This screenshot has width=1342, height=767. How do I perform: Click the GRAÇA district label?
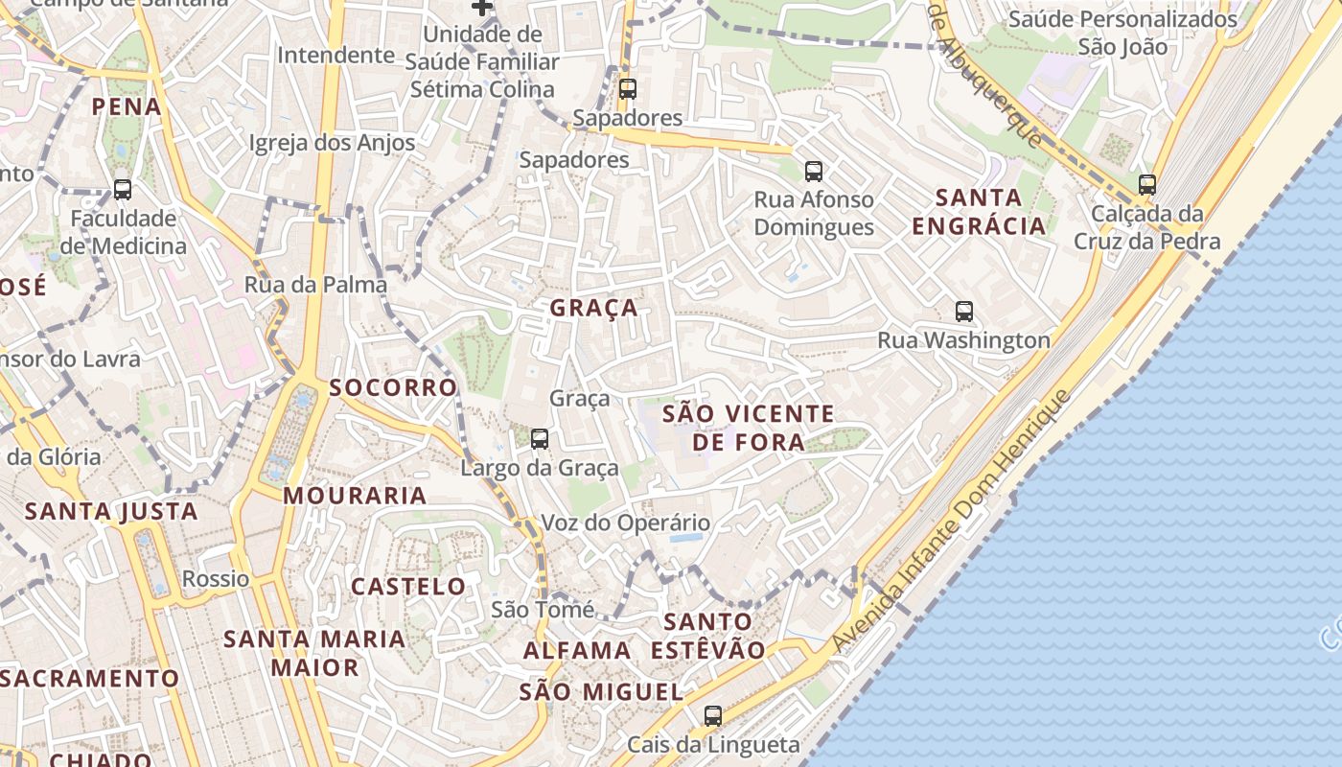[x=593, y=308]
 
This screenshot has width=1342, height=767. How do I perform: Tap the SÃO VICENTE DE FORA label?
[x=749, y=428]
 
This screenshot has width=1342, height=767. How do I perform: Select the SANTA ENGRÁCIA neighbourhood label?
[x=978, y=212]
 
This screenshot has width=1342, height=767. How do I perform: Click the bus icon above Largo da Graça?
[x=540, y=439]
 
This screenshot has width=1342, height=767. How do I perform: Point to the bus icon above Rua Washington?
[x=964, y=311]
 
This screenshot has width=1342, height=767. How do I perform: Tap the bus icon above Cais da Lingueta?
[x=712, y=715]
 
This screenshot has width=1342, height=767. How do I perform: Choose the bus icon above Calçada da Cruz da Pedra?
[x=1147, y=184]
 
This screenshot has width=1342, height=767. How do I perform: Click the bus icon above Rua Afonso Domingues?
[x=814, y=172]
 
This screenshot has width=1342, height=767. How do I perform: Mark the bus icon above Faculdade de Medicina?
[x=123, y=189]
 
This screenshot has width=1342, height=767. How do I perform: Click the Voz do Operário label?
[x=626, y=523]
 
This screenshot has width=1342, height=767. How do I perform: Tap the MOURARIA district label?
[x=355, y=496]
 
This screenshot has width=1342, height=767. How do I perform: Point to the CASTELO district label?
[x=408, y=586]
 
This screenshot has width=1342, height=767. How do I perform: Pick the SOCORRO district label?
[x=393, y=388]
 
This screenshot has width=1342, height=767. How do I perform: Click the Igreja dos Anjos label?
[x=332, y=143]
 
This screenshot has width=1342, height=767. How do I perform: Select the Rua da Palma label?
[x=315, y=285]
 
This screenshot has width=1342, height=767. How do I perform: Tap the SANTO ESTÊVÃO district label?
[x=708, y=636]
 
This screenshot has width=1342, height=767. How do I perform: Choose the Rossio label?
[x=216, y=579]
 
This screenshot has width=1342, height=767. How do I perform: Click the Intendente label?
[x=335, y=55]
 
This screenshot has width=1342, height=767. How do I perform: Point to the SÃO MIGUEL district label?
[x=601, y=692]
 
